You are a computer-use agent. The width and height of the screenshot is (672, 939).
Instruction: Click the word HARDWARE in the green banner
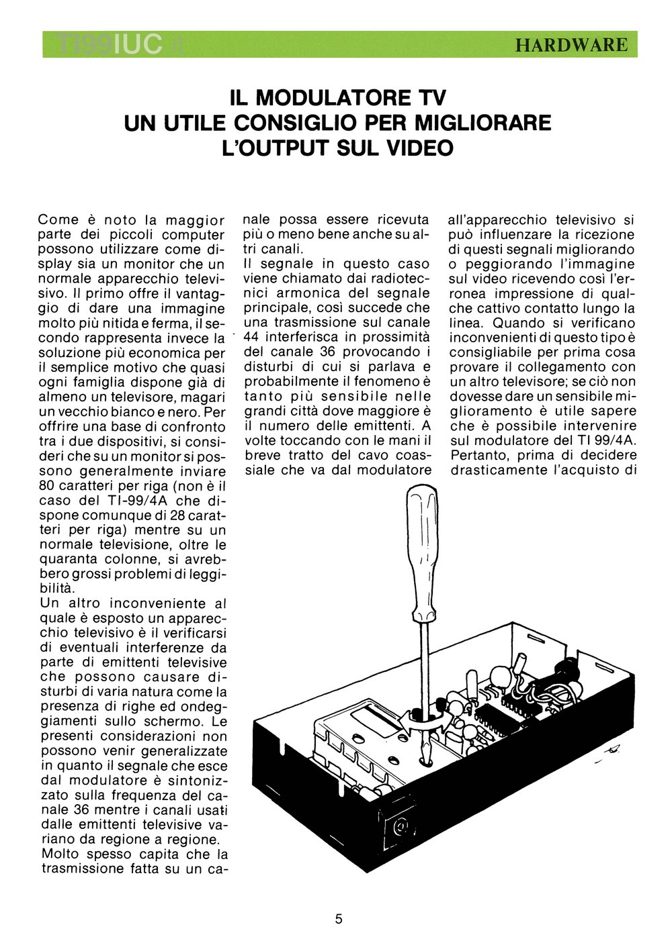coord(571,45)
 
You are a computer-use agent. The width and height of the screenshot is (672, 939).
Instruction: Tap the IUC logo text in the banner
coord(138,45)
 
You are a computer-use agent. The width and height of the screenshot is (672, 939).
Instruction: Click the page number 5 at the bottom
coord(338,919)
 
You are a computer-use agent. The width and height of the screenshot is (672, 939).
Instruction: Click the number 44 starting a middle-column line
coord(252,337)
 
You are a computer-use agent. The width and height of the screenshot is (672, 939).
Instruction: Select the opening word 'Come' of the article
coord(58,219)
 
